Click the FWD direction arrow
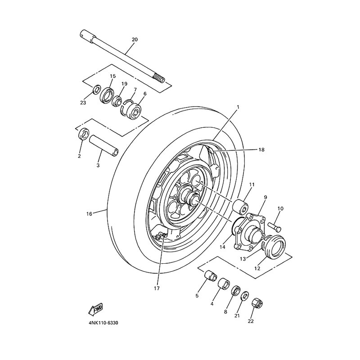pyautogui.click(x=96, y=309)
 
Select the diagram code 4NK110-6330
pyautogui.click(x=103, y=323)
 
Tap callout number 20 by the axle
pyautogui.click(x=135, y=40)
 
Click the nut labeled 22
pyautogui.click(x=257, y=305)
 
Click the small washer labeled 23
pyautogui.click(x=97, y=90)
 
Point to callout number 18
pyautogui.click(x=261, y=150)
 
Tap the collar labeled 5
pyautogui.click(x=211, y=276)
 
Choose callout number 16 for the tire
pyautogui.click(x=89, y=214)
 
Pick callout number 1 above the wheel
pyautogui.click(x=238, y=107)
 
